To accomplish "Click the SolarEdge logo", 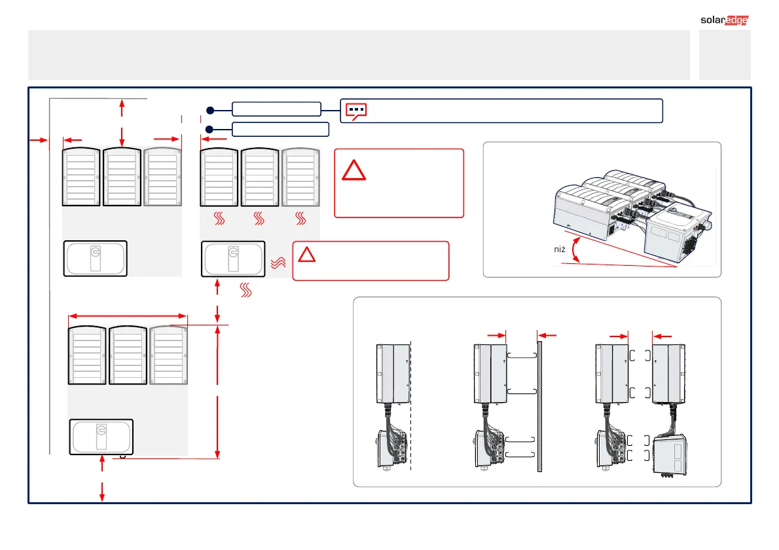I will [x=720, y=19].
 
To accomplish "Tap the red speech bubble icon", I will [x=355, y=111].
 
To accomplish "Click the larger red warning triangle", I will [x=355, y=170].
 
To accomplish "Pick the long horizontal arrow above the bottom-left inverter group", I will [x=128, y=316].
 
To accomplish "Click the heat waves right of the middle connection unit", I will [x=277, y=263].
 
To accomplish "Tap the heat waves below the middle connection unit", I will [x=246, y=290].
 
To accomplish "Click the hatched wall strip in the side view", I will [x=540, y=406].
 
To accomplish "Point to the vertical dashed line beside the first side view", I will [x=410, y=406].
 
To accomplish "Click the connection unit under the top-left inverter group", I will [x=96, y=258].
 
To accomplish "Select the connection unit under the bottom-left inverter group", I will [x=101, y=436].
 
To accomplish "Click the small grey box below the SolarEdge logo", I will [x=725, y=54].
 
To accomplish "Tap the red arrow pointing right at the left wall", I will [x=39, y=139].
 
